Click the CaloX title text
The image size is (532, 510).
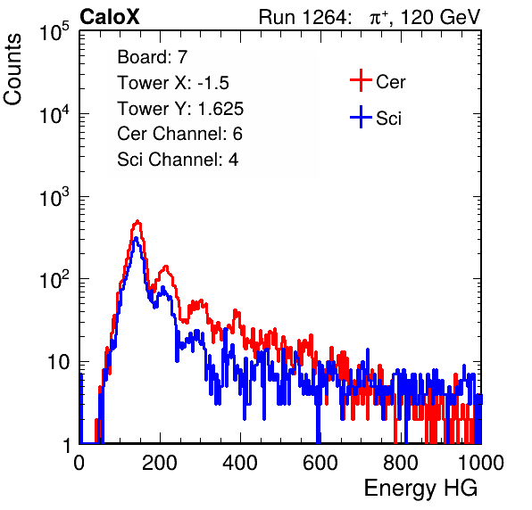tap(109, 17)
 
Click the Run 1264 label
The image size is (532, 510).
tap(303, 17)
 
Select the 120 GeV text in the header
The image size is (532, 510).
tap(441, 17)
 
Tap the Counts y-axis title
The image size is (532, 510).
tap(12, 70)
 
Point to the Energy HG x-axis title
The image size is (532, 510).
tap(420, 488)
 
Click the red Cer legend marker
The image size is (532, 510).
tap(361, 80)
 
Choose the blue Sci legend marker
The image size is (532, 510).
tap(361, 117)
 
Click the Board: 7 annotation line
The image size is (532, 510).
tap(153, 57)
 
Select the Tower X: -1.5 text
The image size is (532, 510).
tap(173, 83)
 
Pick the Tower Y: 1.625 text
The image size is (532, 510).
tap(180, 109)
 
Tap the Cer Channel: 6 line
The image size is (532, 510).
tap(179, 134)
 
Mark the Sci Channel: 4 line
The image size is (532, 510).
tap(178, 160)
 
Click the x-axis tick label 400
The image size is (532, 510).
tap(240, 463)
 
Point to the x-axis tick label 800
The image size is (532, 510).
tap(401, 463)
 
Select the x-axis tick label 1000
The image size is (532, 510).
tap(481, 463)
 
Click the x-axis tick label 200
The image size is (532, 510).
tap(160, 463)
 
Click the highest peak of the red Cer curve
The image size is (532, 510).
tap(137, 221)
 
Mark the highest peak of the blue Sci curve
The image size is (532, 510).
tap(136, 238)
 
